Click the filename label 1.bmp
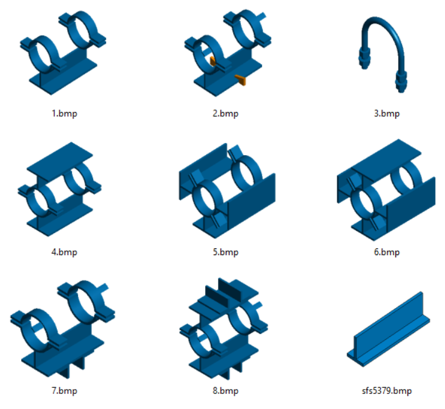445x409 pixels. [64, 114]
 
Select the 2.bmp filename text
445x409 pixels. [226, 114]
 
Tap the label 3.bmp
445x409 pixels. [387, 114]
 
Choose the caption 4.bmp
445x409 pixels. [64, 252]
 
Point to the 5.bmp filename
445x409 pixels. [226, 252]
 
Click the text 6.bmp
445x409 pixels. [387, 252]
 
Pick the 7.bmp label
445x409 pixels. [64, 391]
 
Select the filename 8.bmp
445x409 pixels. [226, 391]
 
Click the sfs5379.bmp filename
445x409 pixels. [387, 391]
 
